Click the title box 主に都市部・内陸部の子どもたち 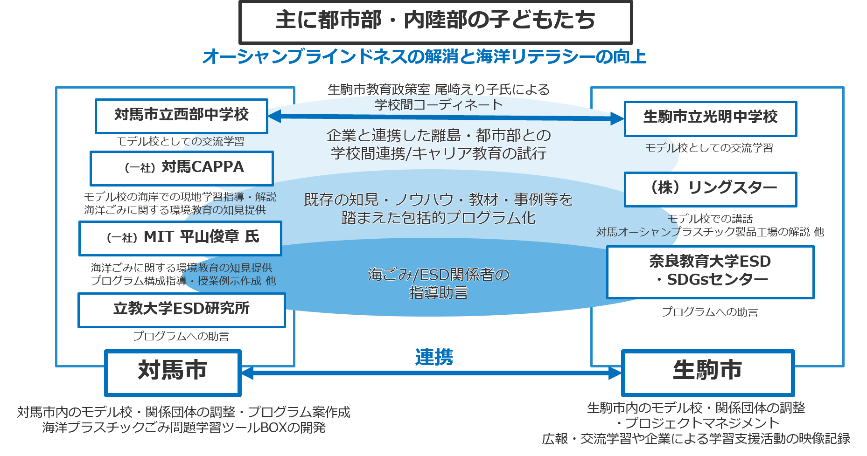pyautogui.click(x=435, y=21)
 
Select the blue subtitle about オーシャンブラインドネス pyautogui.click(x=424, y=57)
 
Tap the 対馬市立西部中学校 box pyautogui.click(x=182, y=116)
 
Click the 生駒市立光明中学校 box pyautogui.click(x=710, y=118)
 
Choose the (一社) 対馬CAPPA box pyautogui.click(x=182, y=168)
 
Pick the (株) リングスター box pyautogui.click(x=710, y=189)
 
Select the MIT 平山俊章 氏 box pyautogui.click(x=180, y=238)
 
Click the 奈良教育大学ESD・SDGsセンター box pyautogui.click(x=710, y=272)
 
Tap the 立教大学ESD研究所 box pyautogui.click(x=181, y=310)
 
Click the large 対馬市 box pyautogui.click(x=173, y=372)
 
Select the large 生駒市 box pyautogui.click(x=707, y=372)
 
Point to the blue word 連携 pyautogui.click(x=434, y=357)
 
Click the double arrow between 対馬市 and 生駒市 pyautogui.click(x=431, y=373)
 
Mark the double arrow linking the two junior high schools pyautogui.click(x=446, y=117)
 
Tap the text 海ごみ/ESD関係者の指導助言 pyautogui.click(x=438, y=283)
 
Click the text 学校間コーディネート pyautogui.click(x=439, y=105)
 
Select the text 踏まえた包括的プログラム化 pyautogui.click(x=438, y=218)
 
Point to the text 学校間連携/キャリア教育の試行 pyautogui.click(x=438, y=153)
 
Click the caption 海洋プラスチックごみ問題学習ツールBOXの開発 pyautogui.click(x=183, y=428)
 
